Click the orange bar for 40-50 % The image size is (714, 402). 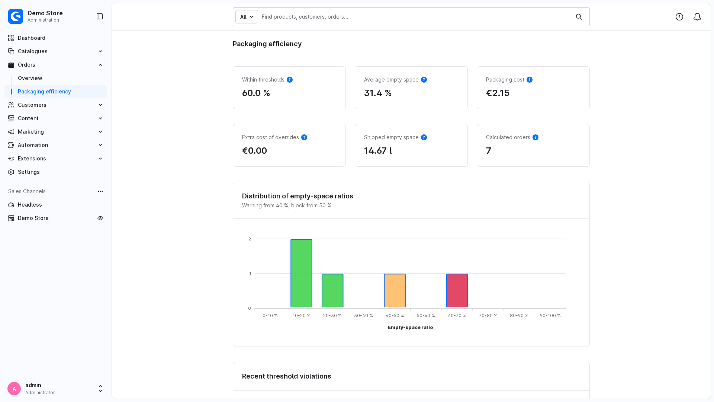[395, 291]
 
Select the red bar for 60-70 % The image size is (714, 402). [457, 291]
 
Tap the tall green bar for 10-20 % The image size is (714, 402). [301, 273]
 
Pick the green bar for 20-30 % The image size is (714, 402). [332, 291]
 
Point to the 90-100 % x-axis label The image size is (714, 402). [550, 316]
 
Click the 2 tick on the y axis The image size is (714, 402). [250, 239]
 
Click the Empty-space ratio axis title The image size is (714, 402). [411, 328]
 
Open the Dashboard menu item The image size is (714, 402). [32, 38]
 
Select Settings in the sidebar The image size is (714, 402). [29, 172]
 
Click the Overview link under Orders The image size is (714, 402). [30, 78]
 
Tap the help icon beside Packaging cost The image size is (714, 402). [530, 80]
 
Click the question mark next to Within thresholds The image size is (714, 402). [290, 80]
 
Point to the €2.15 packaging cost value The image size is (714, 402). [498, 93]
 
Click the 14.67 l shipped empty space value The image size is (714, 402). [378, 151]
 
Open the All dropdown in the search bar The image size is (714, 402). [247, 17]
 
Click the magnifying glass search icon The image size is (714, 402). [579, 17]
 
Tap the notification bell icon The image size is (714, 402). [697, 17]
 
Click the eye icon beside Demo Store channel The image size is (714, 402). [100, 218]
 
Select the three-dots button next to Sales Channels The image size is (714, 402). [100, 191]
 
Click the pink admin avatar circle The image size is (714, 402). [14, 389]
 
